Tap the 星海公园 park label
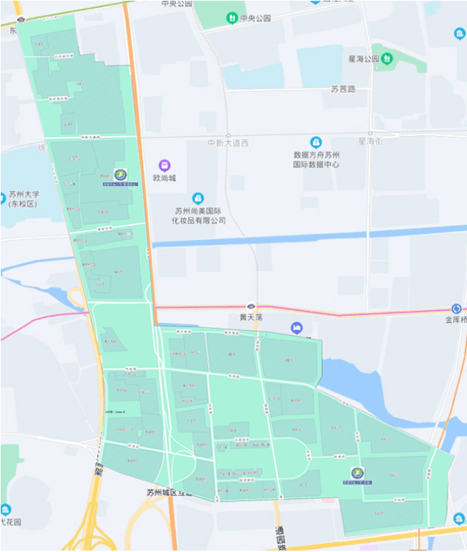click(x=361, y=58)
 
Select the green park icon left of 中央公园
click(x=232, y=18)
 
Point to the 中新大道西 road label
click(x=228, y=143)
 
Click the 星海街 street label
click(x=371, y=141)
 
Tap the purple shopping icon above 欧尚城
click(x=165, y=165)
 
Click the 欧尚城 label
click(x=164, y=178)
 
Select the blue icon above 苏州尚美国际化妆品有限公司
click(x=198, y=198)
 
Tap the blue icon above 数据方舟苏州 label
click(x=315, y=142)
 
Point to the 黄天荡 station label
click(x=251, y=317)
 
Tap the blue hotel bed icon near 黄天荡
click(x=297, y=328)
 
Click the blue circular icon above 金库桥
click(x=456, y=309)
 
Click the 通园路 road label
click(x=279, y=535)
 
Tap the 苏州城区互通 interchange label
click(x=170, y=492)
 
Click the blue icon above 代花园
click(x=6, y=509)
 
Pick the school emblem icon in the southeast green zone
click(x=357, y=473)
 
